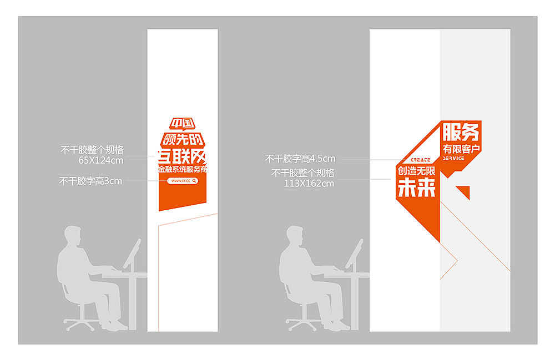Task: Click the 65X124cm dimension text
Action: click(x=101, y=161)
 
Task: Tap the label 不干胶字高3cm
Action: click(x=90, y=180)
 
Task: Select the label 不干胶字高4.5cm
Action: click(x=300, y=159)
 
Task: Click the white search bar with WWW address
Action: click(x=183, y=181)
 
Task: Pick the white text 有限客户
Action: click(x=461, y=149)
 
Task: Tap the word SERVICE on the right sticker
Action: click(x=453, y=159)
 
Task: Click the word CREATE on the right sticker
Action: click(x=420, y=160)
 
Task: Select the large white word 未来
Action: click(x=417, y=189)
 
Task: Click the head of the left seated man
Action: click(x=73, y=236)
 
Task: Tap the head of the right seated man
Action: click(x=295, y=236)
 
